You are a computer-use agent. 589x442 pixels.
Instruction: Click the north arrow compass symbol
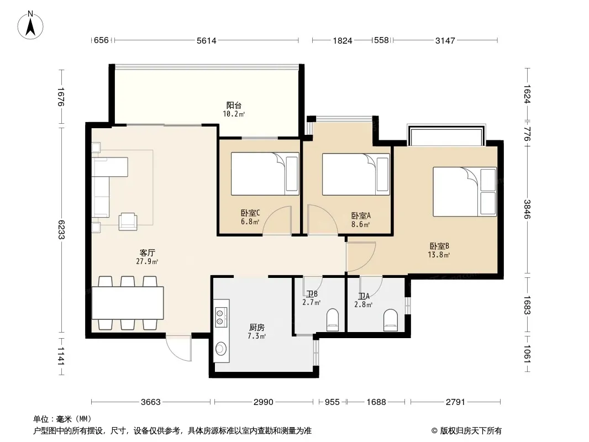(x=30, y=25)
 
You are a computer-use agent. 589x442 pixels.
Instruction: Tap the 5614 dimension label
(x=207, y=40)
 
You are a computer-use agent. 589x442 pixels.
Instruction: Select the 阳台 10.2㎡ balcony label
(x=234, y=109)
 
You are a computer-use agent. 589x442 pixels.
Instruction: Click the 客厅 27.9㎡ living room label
(x=147, y=257)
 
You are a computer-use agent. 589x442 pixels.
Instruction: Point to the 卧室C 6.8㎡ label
(x=250, y=217)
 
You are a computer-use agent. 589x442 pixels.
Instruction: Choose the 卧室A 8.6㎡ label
(x=361, y=220)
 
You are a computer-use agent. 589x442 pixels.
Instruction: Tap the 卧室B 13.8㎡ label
(x=439, y=250)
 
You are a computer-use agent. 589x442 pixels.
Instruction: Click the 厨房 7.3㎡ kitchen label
(x=256, y=332)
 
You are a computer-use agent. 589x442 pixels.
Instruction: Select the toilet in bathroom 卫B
(x=333, y=320)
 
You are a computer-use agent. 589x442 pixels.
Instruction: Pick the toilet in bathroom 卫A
(x=390, y=320)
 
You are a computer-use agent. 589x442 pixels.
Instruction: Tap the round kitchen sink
(x=220, y=349)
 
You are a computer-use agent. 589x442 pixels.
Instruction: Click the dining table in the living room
(x=128, y=303)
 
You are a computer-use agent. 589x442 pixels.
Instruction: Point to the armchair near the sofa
(x=128, y=221)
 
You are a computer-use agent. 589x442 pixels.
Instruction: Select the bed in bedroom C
(x=265, y=173)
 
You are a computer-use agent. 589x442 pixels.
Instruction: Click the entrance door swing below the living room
(x=179, y=348)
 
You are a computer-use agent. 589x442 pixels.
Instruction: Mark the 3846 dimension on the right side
(x=528, y=209)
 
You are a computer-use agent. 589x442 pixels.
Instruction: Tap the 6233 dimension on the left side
(x=61, y=229)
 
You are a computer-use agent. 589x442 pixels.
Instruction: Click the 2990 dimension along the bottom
(x=264, y=402)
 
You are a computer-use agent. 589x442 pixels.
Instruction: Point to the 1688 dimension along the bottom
(x=376, y=402)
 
